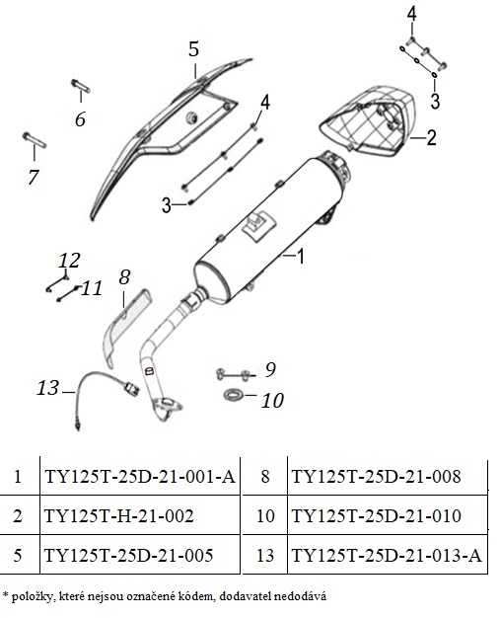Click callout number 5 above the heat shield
(x=193, y=49)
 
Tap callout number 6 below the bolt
(x=80, y=118)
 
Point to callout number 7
(x=34, y=177)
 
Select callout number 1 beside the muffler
(x=300, y=257)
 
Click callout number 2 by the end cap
(x=432, y=137)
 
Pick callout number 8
(x=124, y=277)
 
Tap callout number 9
(x=270, y=369)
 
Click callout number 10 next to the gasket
(x=272, y=401)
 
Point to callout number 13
(x=47, y=388)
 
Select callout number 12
(x=69, y=260)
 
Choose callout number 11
(x=92, y=288)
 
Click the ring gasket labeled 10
(x=234, y=394)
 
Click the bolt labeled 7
(x=34, y=140)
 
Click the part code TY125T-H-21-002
(x=119, y=515)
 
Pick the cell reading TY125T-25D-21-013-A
(x=387, y=555)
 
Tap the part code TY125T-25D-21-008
(x=376, y=476)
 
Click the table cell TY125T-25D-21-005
(x=128, y=555)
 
